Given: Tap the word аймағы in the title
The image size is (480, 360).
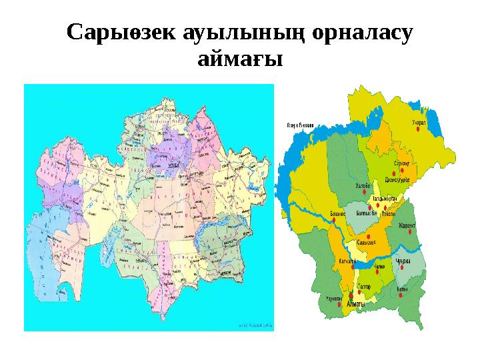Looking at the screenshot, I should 241,59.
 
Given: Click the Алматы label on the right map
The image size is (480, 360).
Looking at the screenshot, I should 355,305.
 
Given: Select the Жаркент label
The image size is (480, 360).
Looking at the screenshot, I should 407,225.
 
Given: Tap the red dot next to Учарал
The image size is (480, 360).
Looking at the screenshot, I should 419,131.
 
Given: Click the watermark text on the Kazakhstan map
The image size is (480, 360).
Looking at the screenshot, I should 255,325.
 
